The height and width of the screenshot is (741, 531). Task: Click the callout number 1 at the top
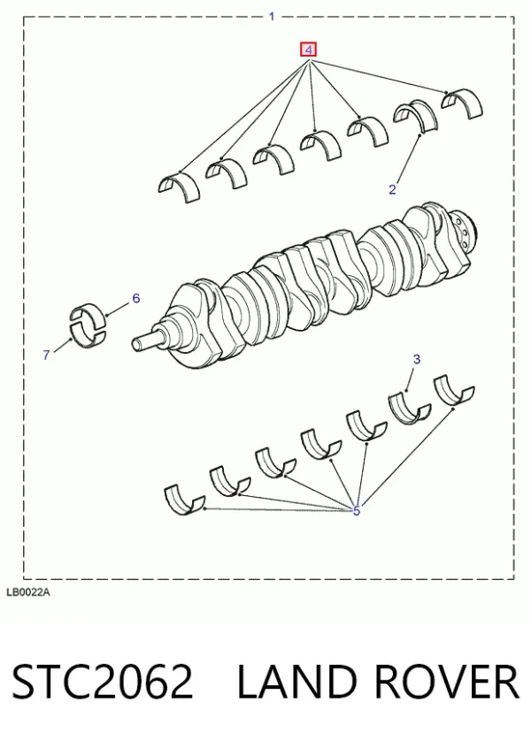click(x=272, y=17)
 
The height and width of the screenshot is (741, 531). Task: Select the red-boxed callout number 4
click(x=308, y=50)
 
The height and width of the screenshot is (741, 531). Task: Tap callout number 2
click(x=392, y=189)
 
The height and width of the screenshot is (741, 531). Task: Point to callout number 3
click(x=417, y=360)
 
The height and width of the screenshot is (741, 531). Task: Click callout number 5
click(x=357, y=511)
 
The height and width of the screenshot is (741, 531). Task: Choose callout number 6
click(x=136, y=298)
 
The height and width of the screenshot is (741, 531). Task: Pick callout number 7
click(x=46, y=355)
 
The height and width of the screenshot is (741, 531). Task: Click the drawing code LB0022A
click(x=28, y=592)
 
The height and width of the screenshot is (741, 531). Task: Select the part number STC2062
click(x=102, y=681)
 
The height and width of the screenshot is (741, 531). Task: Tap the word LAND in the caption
click(x=296, y=681)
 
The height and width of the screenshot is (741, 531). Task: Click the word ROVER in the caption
click(x=446, y=681)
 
